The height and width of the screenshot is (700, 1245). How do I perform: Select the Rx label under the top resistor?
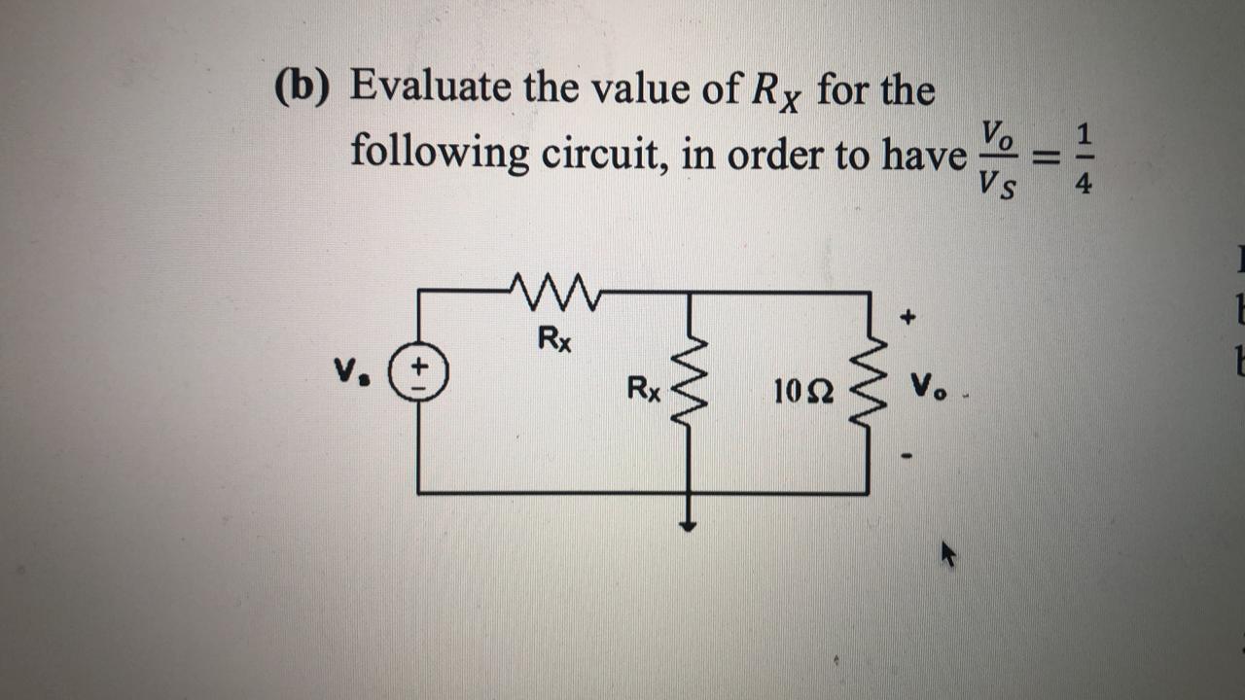(554, 339)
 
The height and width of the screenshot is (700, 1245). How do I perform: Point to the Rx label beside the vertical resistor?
(644, 390)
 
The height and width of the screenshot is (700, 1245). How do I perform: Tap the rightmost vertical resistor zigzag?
(869, 390)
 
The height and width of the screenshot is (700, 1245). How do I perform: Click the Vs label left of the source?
(345, 370)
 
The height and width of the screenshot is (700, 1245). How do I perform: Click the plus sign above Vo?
(907, 317)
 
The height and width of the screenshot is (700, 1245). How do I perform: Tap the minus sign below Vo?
(907, 455)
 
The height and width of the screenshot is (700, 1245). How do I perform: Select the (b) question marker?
(302, 90)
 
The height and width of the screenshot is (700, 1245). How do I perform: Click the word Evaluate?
(429, 87)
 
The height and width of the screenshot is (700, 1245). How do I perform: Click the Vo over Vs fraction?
(998, 157)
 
